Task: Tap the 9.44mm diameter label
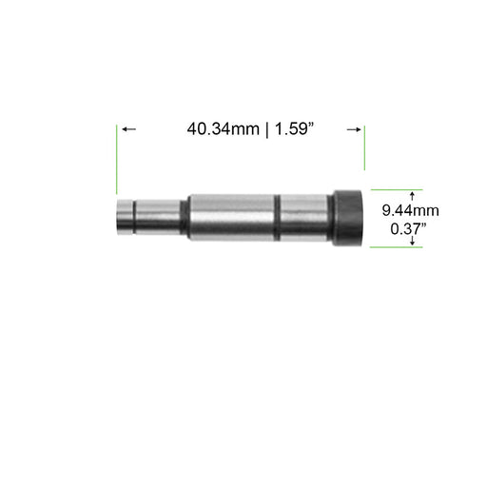click(411, 209)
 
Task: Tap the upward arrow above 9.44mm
click(411, 193)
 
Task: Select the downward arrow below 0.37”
click(411, 243)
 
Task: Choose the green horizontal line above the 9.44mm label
click(395, 187)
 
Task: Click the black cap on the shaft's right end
click(347, 218)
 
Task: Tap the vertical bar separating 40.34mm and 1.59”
click(265, 129)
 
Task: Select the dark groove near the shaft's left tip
click(134, 218)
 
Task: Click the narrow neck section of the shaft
click(161, 218)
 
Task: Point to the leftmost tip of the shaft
click(118, 218)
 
